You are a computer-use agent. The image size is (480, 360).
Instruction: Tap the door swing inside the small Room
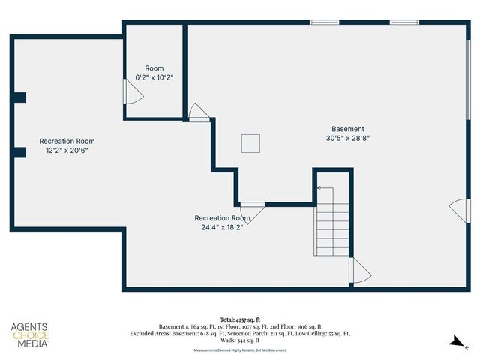point(130,91)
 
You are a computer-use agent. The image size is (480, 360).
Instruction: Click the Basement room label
point(348,129)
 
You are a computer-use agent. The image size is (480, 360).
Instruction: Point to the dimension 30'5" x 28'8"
point(348,138)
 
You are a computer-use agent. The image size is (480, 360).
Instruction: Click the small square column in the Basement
point(250,143)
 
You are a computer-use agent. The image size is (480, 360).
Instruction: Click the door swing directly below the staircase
point(359,270)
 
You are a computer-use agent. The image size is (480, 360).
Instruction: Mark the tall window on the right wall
point(469,79)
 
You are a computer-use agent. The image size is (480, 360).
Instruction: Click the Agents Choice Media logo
point(29,335)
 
